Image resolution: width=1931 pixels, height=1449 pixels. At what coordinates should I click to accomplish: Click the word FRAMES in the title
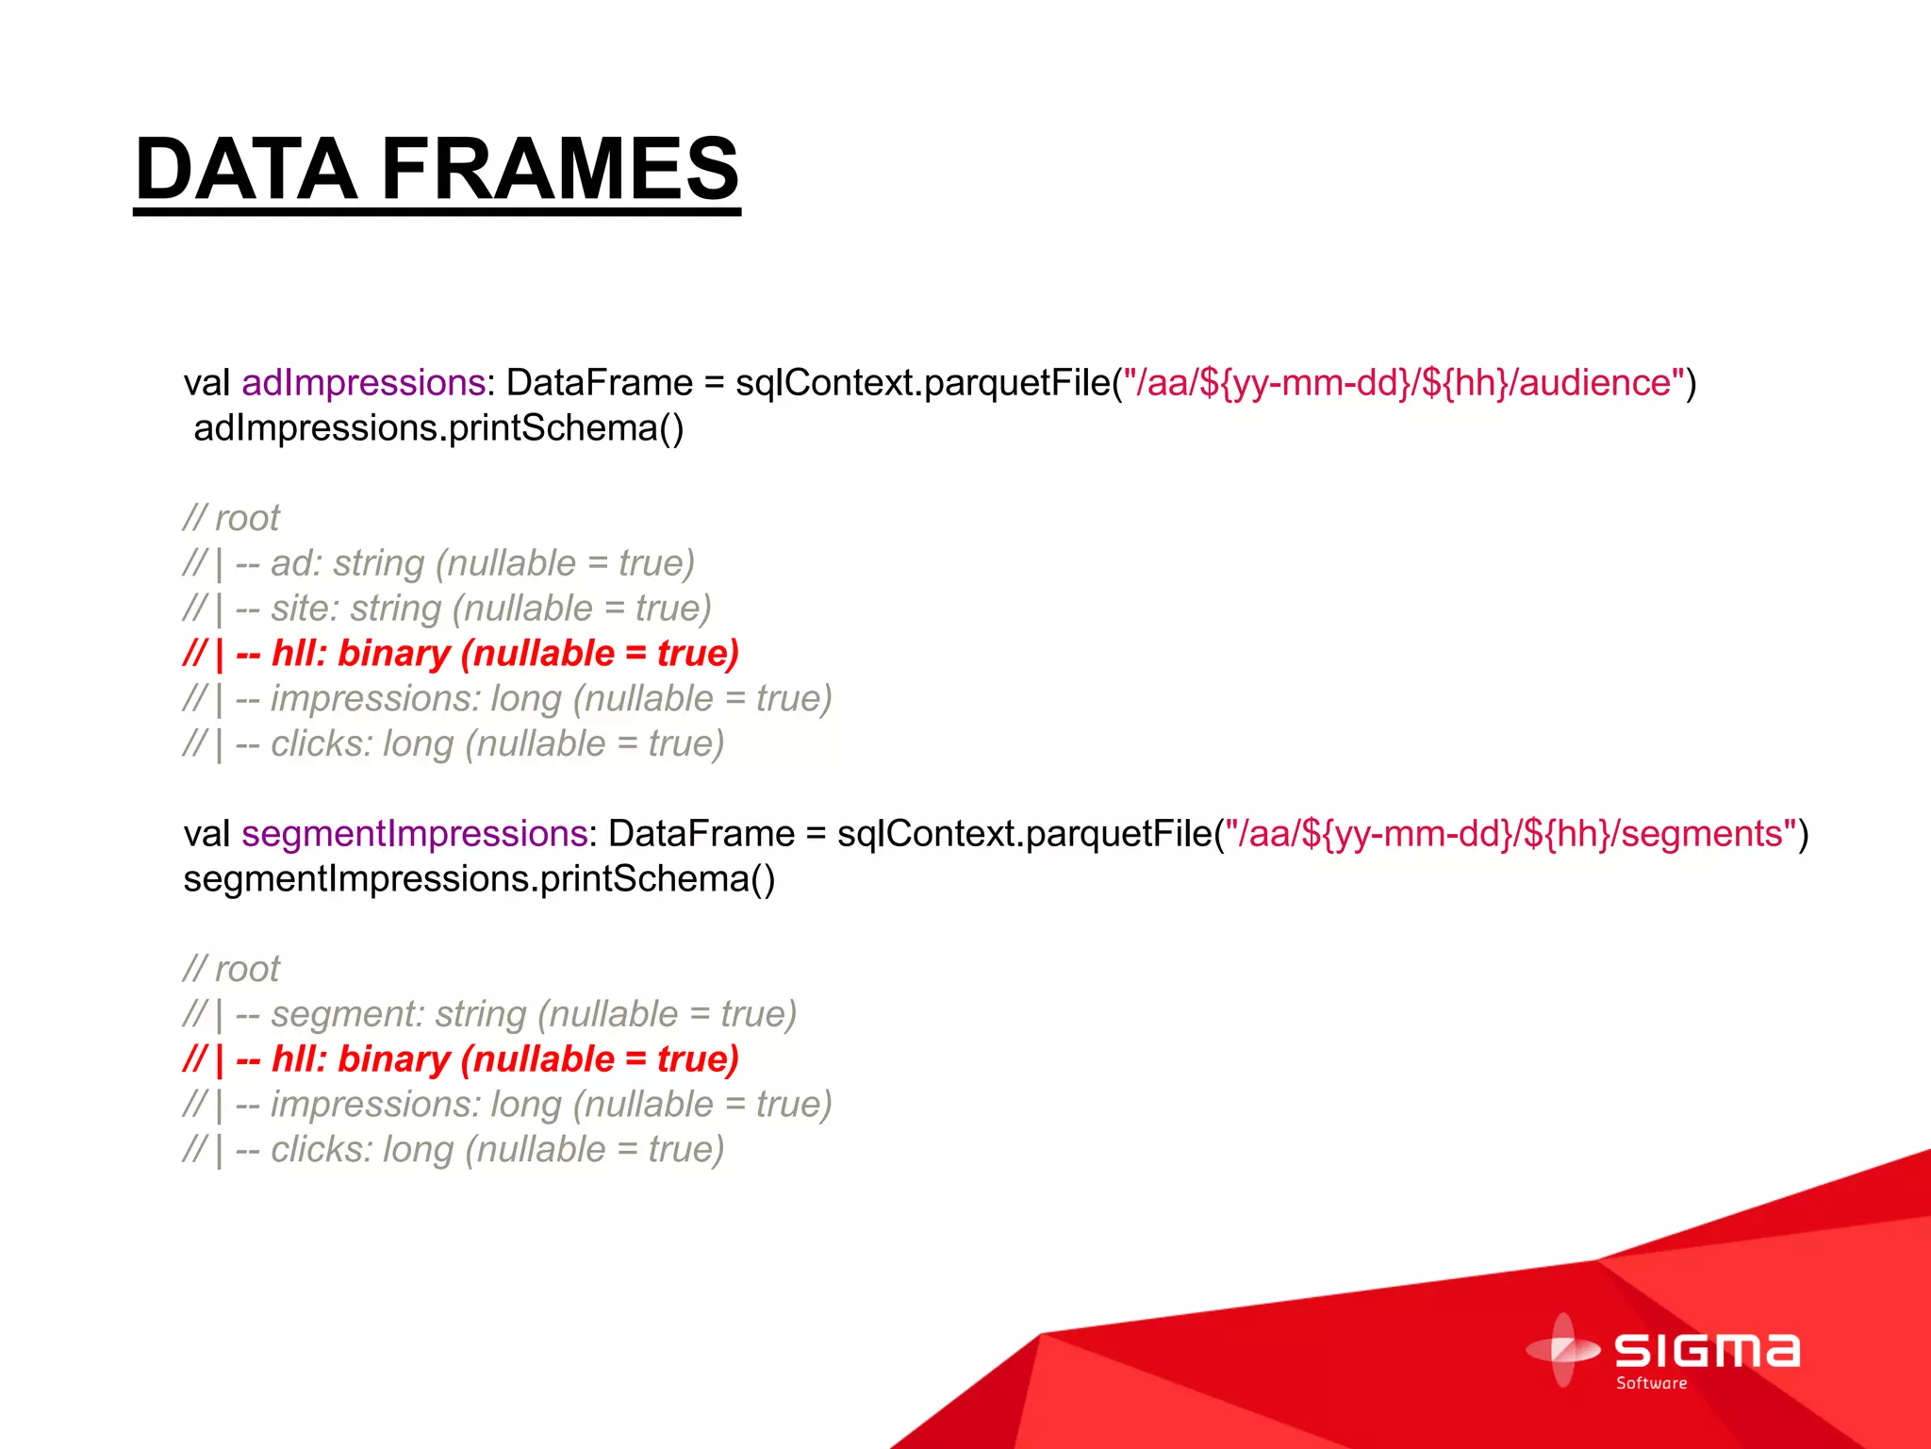pyautogui.click(x=560, y=170)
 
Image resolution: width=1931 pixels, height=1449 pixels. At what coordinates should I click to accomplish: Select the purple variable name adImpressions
pyautogui.click(x=363, y=383)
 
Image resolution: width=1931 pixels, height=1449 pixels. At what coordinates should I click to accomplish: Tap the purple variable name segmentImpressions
pyautogui.click(x=415, y=834)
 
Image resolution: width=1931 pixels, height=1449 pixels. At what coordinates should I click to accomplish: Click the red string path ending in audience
pyautogui.click(x=1405, y=383)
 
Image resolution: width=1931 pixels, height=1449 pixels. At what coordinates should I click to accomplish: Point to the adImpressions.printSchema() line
pyautogui.click(x=438, y=428)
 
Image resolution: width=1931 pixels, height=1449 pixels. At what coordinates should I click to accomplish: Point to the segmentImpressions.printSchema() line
pyautogui.click(x=479, y=879)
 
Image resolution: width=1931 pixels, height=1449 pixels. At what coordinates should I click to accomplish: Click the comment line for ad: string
pyautogui.click(x=438, y=563)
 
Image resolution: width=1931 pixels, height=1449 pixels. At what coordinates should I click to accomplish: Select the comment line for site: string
pyautogui.click(x=447, y=608)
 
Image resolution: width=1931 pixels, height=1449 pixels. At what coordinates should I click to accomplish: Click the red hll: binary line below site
pyautogui.click(x=460, y=654)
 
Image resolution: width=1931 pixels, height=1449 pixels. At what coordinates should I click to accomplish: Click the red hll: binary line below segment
pyautogui.click(x=460, y=1059)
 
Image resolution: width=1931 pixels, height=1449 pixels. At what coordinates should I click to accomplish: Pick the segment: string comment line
pyautogui.click(x=490, y=1014)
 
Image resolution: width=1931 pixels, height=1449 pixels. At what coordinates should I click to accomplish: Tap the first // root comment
pyautogui.click(x=231, y=518)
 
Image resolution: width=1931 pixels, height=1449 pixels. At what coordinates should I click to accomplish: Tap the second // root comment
pyautogui.click(x=231, y=969)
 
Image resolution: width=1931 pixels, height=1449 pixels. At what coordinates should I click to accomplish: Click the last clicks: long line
pyautogui.click(x=453, y=1150)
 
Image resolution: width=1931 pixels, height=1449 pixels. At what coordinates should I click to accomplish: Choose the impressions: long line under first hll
pyautogui.click(x=507, y=699)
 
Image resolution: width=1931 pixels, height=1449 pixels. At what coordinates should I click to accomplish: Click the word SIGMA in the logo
pyautogui.click(x=1707, y=1351)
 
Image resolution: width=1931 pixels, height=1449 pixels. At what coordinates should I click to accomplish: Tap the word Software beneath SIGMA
pyautogui.click(x=1651, y=1383)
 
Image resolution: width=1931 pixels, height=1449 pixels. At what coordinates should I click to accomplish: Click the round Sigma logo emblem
pyautogui.click(x=1563, y=1350)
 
